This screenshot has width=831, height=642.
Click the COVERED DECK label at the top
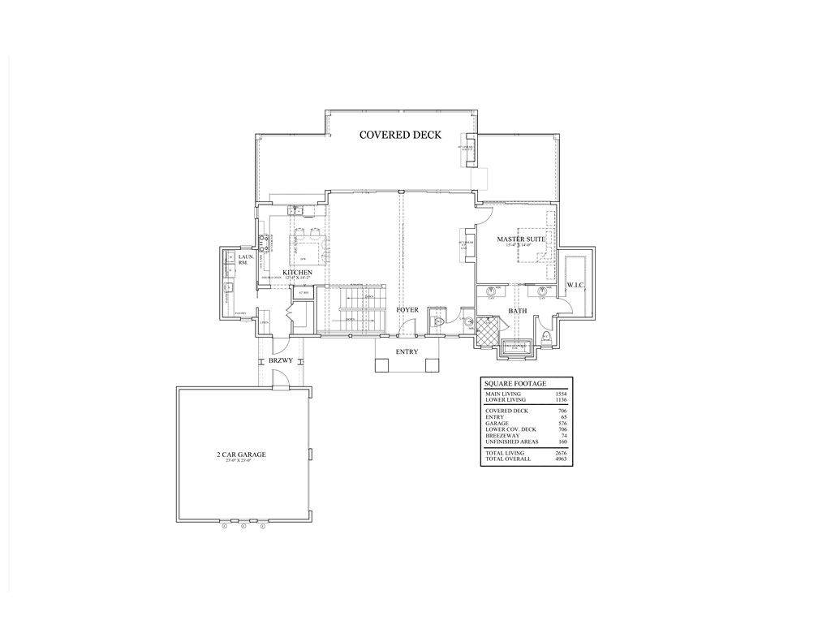coord(401,135)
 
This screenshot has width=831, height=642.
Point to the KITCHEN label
coord(298,272)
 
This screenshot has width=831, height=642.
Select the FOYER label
coord(407,311)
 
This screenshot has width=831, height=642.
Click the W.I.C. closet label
coord(577,285)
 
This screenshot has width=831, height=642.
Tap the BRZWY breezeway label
coord(281,360)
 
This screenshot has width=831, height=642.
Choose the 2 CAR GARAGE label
coord(241,455)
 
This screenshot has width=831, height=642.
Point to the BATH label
coord(518,311)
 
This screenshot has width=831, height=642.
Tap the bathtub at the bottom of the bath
coord(517,348)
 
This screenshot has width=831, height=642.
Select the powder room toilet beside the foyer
coord(437,322)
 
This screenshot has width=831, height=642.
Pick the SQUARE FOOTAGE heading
coord(515,383)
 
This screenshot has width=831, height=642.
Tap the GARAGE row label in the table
coord(497,424)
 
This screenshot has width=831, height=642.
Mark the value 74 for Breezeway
coord(562,436)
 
